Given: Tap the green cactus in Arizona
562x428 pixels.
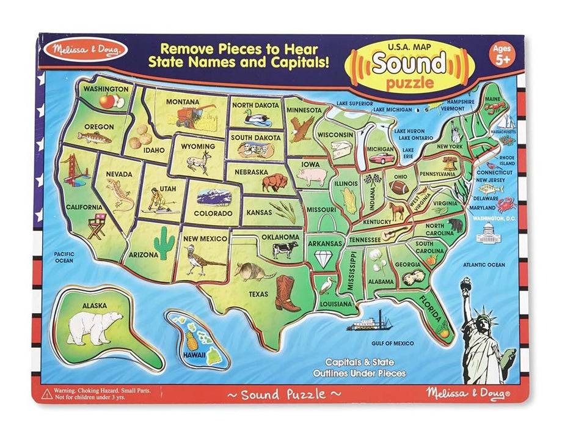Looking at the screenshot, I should [164, 242].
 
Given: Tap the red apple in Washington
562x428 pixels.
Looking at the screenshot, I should [108, 100].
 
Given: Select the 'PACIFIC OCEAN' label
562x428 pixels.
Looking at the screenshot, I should [63, 257].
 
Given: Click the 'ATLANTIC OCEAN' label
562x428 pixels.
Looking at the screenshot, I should [484, 265].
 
